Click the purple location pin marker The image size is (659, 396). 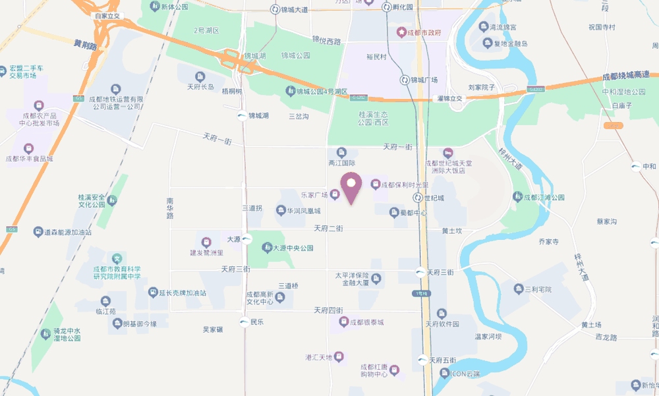click(351, 187)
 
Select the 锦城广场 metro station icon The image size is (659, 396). click(405, 80)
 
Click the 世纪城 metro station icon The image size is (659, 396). click(418, 198)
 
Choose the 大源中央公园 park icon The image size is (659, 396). click(267, 248)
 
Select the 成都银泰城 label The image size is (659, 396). click(366, 322)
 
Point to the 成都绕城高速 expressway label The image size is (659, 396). click(630, 77)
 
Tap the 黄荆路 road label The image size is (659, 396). click(85, 45)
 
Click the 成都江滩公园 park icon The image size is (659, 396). click(518, 197)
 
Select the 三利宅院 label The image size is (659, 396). click(537, 289)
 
